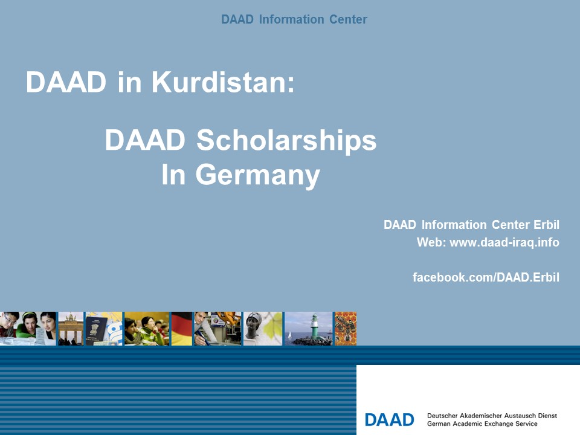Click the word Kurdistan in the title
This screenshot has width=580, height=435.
click(223, 82)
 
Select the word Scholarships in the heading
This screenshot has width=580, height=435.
click(286, 140)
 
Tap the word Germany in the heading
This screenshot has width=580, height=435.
click(257, 176)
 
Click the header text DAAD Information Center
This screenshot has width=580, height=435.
click(294, 19)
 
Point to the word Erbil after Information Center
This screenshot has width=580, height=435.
click(546, 225)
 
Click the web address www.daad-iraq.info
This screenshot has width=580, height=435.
click(504, 242)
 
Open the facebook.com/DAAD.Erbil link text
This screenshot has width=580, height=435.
click(486, 277)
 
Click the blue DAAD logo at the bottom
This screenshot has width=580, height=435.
click(389, 420)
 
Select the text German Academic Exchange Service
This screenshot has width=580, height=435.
click(482, 424)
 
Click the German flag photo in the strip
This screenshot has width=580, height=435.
click(182, 329)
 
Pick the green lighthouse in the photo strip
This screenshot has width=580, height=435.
click(314, 327)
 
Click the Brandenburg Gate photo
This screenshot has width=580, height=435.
click(71, 329)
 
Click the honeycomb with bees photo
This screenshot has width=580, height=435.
click(346, 329)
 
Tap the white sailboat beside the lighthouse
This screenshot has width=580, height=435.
click(289, 336)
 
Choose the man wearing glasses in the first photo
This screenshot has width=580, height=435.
click(10, 325)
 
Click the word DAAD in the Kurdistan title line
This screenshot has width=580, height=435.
click(66, 82)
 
